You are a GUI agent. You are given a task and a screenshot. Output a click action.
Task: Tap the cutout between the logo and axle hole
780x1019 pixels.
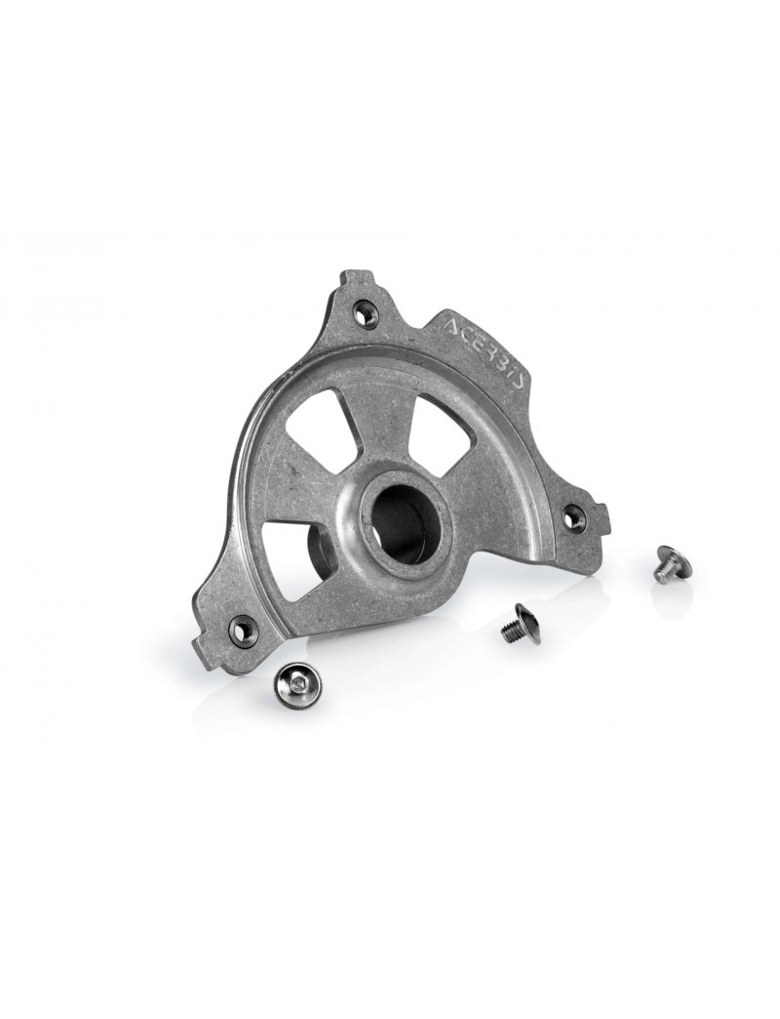click(x=436, y=426)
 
